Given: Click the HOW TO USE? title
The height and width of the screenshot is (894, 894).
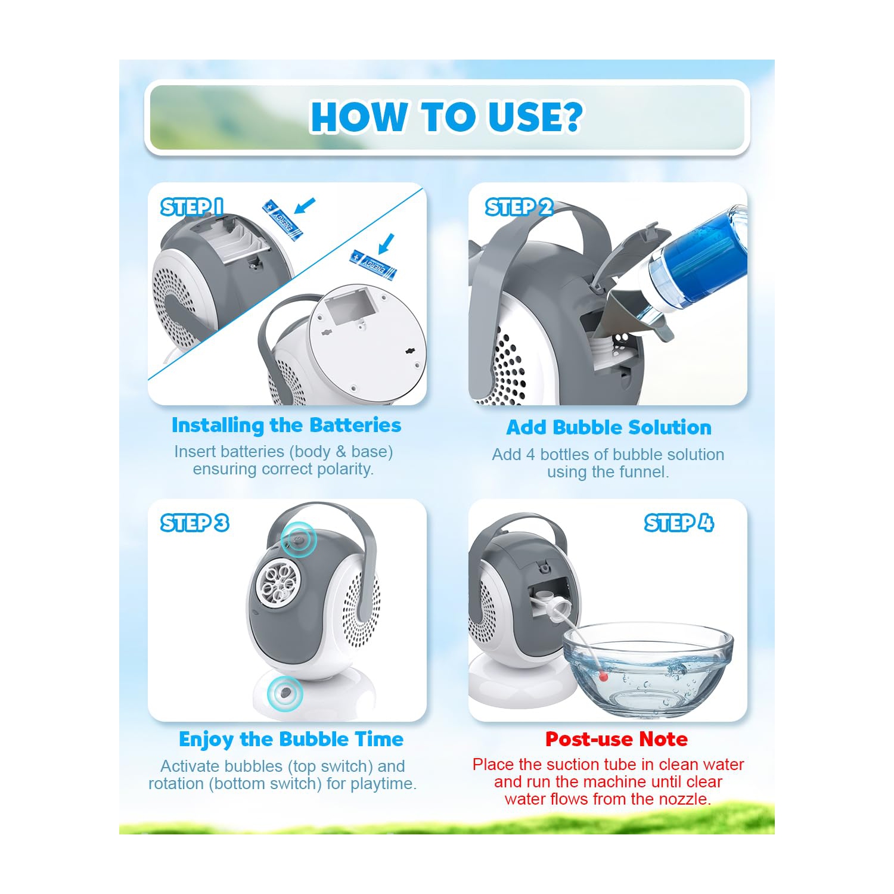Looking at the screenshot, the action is pyautogui.click(x=446, y=116).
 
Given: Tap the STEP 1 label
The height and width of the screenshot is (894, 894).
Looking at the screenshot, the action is pyautogui.click(x=192, y=207).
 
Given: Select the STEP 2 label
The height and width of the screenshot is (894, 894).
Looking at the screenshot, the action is pyautogui.click(x=519, y=207).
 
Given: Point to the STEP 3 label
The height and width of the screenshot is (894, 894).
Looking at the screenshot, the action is pyautogui.click(x=195, y=523).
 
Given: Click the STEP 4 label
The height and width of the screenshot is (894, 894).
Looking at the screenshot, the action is pyautogui.click(x=679, y=523).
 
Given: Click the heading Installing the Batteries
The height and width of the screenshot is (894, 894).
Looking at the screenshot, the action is pyautogui.click(x=286, y=425).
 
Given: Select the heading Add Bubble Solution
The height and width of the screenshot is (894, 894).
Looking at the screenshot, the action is pyautogui.click(x=609, y=427).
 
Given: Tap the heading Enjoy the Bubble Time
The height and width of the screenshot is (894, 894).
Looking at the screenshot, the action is pyautogui.click(x=291, y=739).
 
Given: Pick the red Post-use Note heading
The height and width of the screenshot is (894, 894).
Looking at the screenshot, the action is pyautogui.click(x=616, y=739).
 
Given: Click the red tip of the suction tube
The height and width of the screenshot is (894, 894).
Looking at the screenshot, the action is pyautogui.click(x=604, y=676).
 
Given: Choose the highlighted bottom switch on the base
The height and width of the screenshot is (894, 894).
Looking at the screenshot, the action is pyautogui.click(x=285, y=693).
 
